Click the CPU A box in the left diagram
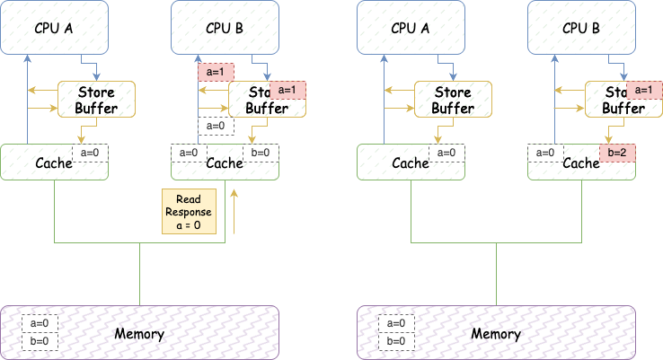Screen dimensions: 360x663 tap(55, 26)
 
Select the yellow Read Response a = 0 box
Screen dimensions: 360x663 tap(188, 212)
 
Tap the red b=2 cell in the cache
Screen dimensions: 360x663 tap(617, 153)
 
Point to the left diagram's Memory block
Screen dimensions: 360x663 tap(139, 334)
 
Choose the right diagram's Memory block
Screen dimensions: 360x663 tap(496, 334)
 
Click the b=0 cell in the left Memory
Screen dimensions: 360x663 tap(40, 342)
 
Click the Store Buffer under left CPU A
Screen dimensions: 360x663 tap(96, 100)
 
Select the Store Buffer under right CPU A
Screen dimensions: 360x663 tap(452, 100)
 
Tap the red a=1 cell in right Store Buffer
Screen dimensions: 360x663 tap(644, 90)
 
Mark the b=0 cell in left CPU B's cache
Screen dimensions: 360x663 tap(261, 153)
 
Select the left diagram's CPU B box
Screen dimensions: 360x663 tap(225, 26)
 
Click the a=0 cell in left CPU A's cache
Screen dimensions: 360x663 tap(91, 154)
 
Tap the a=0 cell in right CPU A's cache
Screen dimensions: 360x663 tap(446, 154)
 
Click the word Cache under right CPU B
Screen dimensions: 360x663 tap(580, 162)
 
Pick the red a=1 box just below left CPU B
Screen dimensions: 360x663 tap(217, 71)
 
